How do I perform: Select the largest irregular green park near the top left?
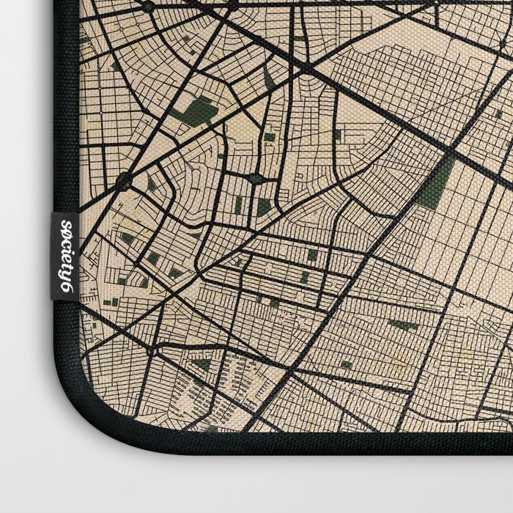(x=199, y=111)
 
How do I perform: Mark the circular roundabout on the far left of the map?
(x=122, y=180)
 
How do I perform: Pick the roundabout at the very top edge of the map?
(x=149, y=7)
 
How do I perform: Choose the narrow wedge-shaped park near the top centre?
(x=269, y=78)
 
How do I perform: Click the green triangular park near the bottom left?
(x=202, y=364)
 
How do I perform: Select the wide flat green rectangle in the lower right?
(x=402, y=325)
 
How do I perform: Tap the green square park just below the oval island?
(x=264, y=207)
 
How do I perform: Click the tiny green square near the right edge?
(x=499, y=114)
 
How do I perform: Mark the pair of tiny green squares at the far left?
(x=111, y=302)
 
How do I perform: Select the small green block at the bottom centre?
(x=345, y=364)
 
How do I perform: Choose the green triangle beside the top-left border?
(x=86, y=40)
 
